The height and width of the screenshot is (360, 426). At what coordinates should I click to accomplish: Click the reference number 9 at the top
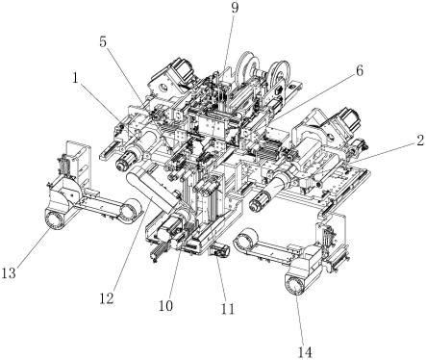(235, 8)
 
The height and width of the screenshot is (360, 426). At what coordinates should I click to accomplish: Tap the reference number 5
(103, 42)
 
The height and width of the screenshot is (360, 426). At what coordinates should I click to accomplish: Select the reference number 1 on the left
(76, 79)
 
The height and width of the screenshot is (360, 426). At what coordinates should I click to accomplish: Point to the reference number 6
(360, 71)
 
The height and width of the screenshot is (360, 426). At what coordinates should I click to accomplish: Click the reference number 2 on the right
(420, 141)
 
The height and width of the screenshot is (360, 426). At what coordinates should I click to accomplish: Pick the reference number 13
(9, 273)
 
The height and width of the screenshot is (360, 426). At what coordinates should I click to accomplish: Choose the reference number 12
(107, 298)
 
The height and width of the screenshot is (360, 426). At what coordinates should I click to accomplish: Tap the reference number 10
(165, 306)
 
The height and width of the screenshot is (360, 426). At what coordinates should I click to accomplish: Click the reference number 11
(228, 308)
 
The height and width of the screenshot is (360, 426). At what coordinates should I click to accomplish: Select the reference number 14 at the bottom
(305, 352)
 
